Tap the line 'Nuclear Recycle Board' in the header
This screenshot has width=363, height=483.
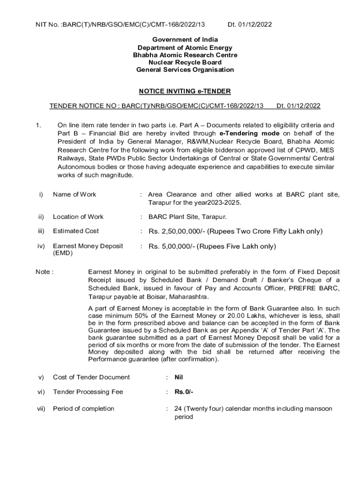(x=185, y=62)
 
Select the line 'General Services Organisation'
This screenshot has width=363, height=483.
(x=185, y=70)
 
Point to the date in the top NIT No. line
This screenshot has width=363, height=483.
(x=249, y=24)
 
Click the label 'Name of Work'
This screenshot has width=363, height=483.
(x=74, y=194)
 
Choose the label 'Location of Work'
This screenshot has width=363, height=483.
(x=78, y=217)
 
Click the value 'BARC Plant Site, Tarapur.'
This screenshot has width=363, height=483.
(x=188, y=217)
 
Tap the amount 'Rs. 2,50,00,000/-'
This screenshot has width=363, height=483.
(x=177, y=231)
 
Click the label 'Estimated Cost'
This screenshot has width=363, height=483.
(x=76, y=231)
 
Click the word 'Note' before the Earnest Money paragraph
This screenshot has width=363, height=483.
(x=43, y=272)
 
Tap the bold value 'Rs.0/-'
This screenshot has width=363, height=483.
(x=184, y=392)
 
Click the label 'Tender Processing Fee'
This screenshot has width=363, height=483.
(x=88, y=392)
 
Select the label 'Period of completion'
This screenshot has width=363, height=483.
(x=83, y=408)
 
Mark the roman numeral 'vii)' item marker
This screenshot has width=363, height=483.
(x=41, y=408)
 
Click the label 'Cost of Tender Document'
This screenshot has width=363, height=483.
(x=91, y=377)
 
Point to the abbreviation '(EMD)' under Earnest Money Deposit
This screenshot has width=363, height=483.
(x=63, y=253)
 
